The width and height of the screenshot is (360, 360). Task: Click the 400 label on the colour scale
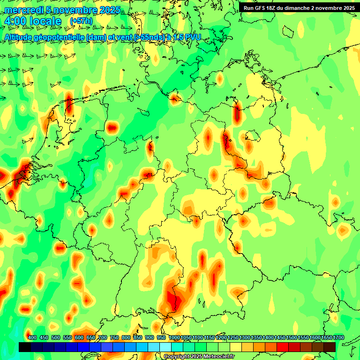(32, 337)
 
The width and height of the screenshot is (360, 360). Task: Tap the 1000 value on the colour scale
(174, 337)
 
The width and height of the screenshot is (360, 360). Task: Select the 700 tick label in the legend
(103, 337)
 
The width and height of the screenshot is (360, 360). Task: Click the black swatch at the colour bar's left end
(24, 347)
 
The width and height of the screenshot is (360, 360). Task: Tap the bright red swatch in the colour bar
(283, 347)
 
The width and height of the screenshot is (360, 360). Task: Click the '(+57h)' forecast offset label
(81, 21)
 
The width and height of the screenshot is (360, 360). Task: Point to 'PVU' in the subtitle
(192, 37)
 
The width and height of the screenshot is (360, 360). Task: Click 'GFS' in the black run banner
(259, 8)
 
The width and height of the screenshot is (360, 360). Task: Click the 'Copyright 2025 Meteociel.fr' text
(199, 356)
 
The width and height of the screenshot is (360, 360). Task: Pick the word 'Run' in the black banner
(248, 8)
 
